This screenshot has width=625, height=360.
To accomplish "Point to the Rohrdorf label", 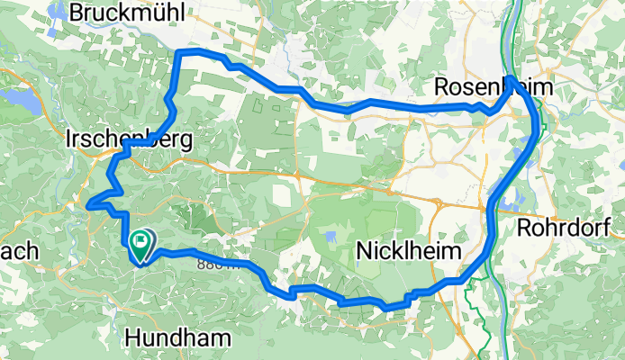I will click(571, 226).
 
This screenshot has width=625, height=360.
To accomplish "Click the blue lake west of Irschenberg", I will click(20, 101).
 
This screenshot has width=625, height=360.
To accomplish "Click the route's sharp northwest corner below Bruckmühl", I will click(180, 55).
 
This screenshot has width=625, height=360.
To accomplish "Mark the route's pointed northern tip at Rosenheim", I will click(511, 80).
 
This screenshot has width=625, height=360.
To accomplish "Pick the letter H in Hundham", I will click(133, 337).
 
